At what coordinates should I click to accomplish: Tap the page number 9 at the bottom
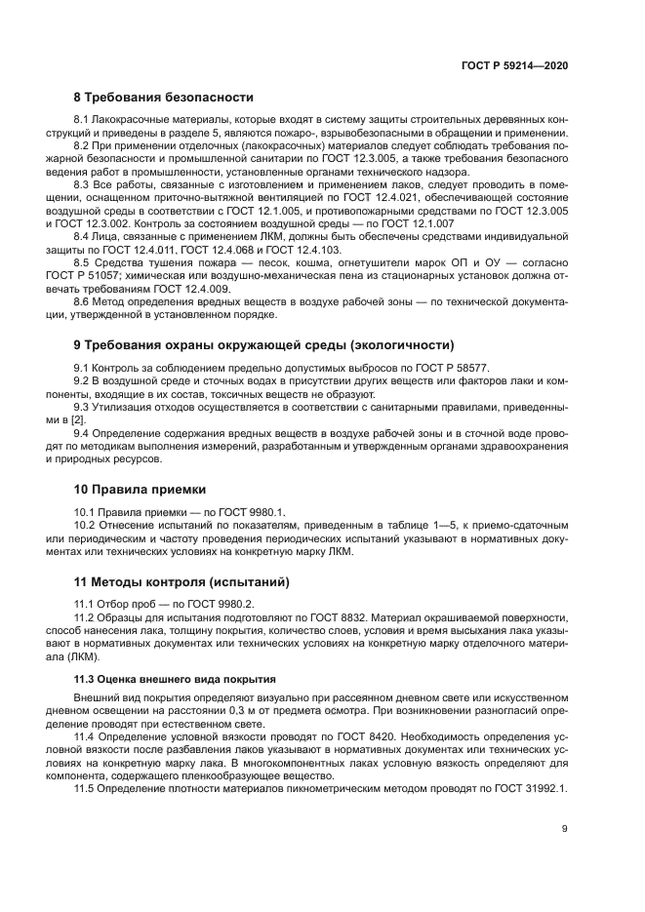click(564, 828)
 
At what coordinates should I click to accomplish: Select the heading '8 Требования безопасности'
click(164, 98)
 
